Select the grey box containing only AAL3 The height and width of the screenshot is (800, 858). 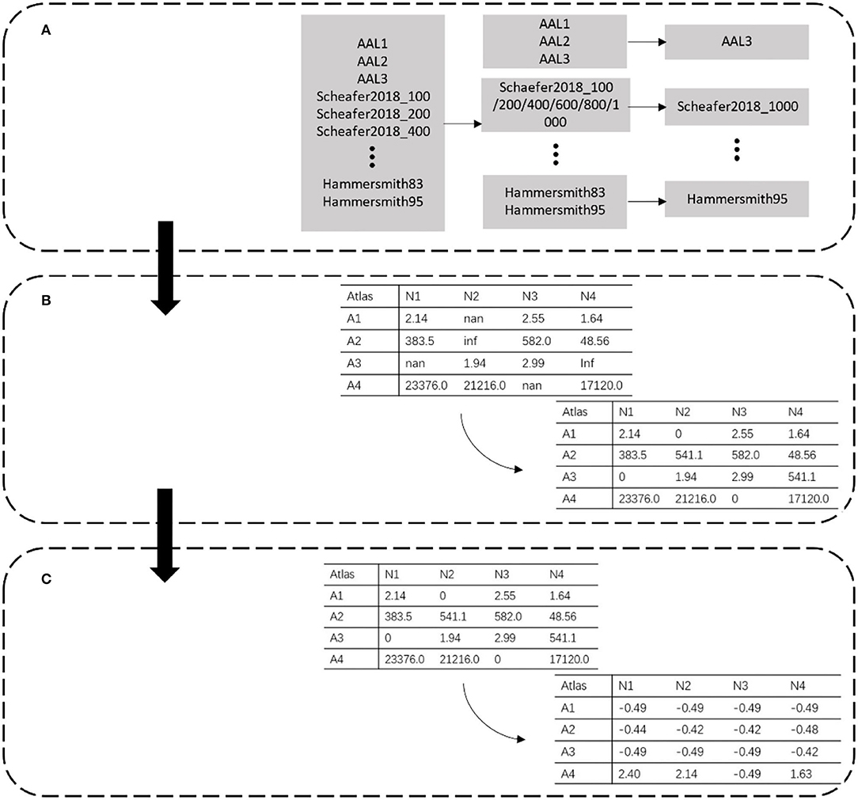[x=736, y=40]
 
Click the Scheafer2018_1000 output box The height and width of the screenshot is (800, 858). [x=736, y=105]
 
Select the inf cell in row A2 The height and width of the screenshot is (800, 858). [x=472, y=343]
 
